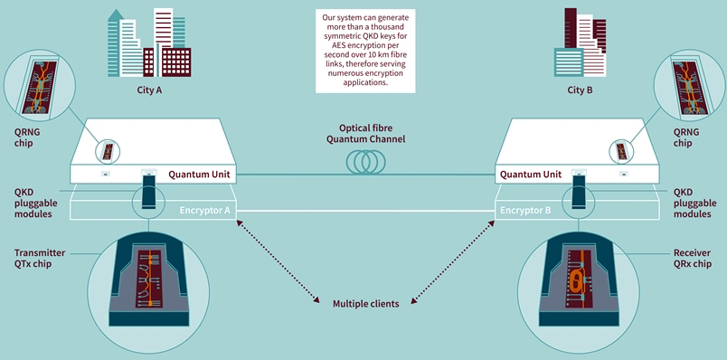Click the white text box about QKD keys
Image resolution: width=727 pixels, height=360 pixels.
[364, 50]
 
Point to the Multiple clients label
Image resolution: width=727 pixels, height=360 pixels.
[365, 303]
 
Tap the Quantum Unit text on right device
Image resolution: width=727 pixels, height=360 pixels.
[527, 174]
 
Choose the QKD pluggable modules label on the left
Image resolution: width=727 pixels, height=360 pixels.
[33, 204]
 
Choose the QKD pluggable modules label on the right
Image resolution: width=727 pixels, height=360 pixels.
[695, 204]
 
